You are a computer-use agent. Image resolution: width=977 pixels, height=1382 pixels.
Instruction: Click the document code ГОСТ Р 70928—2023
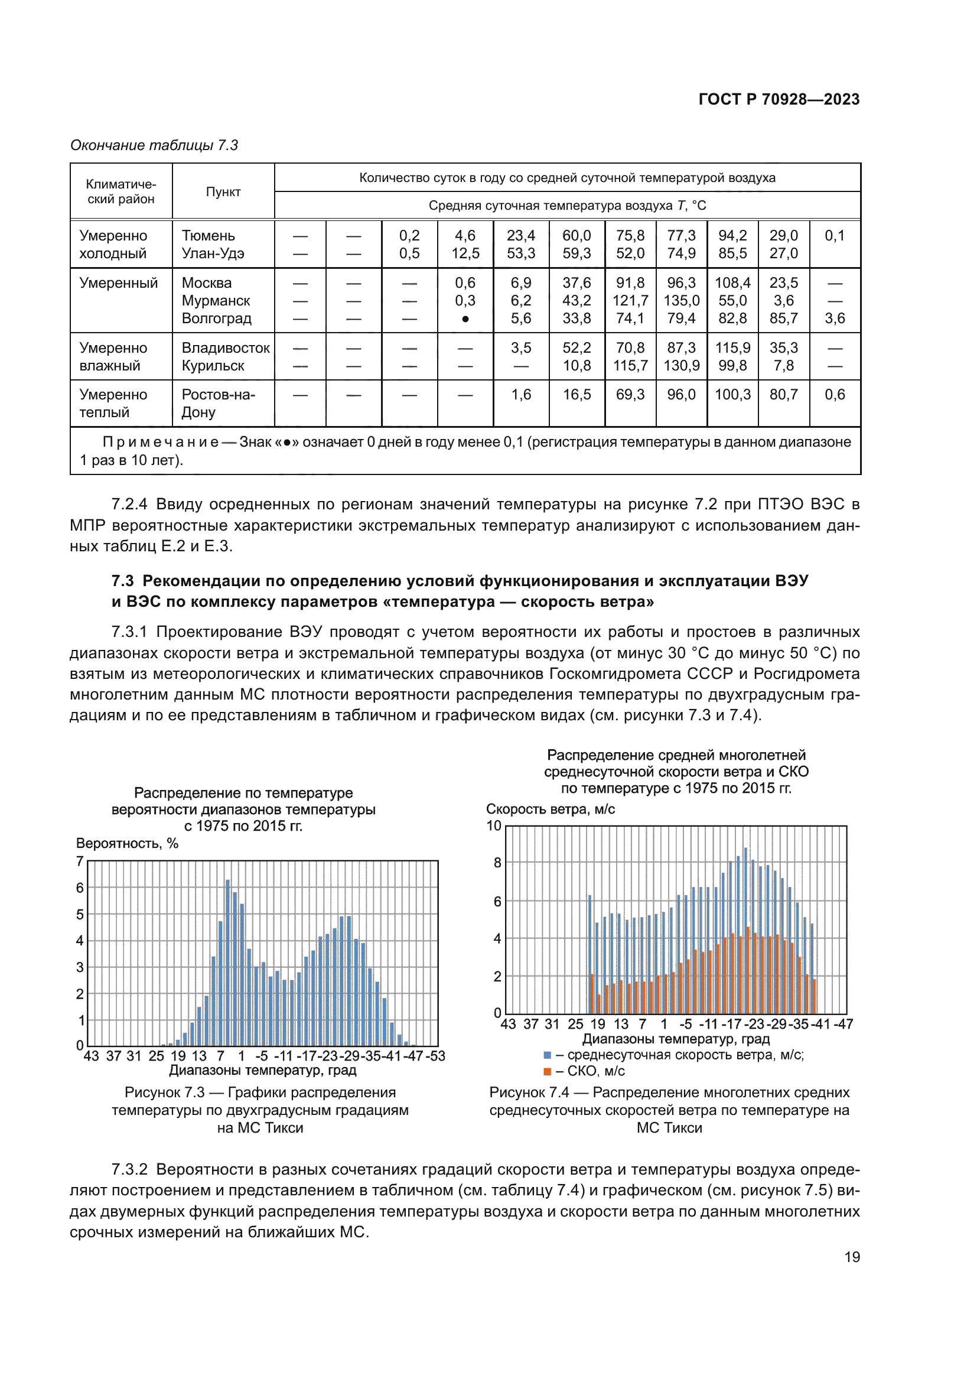779,99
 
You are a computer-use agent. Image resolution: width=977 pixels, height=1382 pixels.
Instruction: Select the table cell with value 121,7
630,300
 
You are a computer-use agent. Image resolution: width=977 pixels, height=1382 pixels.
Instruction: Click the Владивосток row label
226,348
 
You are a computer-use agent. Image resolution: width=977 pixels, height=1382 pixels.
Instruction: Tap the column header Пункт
223,191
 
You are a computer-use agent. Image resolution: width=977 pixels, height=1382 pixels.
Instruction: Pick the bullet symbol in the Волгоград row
465,319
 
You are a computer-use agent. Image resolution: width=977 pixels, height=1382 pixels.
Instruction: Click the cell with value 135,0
681,300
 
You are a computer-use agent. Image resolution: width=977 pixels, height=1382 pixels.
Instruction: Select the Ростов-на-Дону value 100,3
732,395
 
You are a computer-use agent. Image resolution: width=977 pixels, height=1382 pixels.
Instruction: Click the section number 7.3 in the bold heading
122,581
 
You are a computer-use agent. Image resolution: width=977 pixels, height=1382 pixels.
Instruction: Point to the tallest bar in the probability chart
228,962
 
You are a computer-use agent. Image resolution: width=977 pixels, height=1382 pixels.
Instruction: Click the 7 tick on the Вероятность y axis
79,861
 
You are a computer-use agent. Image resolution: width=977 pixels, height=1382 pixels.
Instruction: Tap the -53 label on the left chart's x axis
435,1056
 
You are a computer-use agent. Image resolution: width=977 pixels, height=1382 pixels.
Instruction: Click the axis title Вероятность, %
127,843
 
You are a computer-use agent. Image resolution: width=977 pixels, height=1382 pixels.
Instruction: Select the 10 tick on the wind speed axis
494,826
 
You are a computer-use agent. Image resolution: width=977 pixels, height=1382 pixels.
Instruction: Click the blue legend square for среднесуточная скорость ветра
547,1055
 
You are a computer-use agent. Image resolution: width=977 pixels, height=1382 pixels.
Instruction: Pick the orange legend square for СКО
547,1071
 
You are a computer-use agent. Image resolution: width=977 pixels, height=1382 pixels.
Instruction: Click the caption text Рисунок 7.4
528,1092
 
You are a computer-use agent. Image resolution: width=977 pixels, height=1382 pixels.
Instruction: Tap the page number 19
852,1257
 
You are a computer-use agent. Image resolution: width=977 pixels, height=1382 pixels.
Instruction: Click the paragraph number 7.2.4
129,504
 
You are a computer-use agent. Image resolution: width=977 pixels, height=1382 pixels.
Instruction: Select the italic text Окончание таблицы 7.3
154,145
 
